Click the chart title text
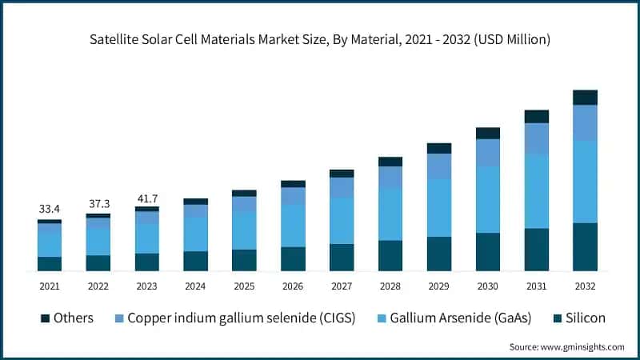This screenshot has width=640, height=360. pyautogui.click(x=320, y=38)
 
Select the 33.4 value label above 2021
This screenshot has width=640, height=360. pyautogui.click(x=50, y=209)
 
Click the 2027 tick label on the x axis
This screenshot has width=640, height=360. pyautogui.click(x=342, y=286)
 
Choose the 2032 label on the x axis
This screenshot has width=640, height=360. pyautogui.click(x=585, y=286)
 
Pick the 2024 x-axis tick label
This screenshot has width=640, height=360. pyautogui.click(x=195, y=286)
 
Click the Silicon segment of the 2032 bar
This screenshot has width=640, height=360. pyautogui.click(x=585, y=246)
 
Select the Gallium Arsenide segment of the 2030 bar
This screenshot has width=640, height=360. pyautogui.click(x=488, y=200)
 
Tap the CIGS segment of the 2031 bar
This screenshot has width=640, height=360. pyautogui.click(x=537, y=138)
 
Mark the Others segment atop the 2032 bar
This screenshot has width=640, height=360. pyautogui.click(x=585, y=98)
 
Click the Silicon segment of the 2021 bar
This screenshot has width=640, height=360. pyautogui.click(x=50, y=263)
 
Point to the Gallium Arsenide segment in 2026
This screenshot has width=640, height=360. pyautogui.click(x=293, y=226)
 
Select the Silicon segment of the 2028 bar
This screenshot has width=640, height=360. pyautogui.click(x=390, y=255)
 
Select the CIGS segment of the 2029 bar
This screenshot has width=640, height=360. pyautogui.click(x=439, y=166)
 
